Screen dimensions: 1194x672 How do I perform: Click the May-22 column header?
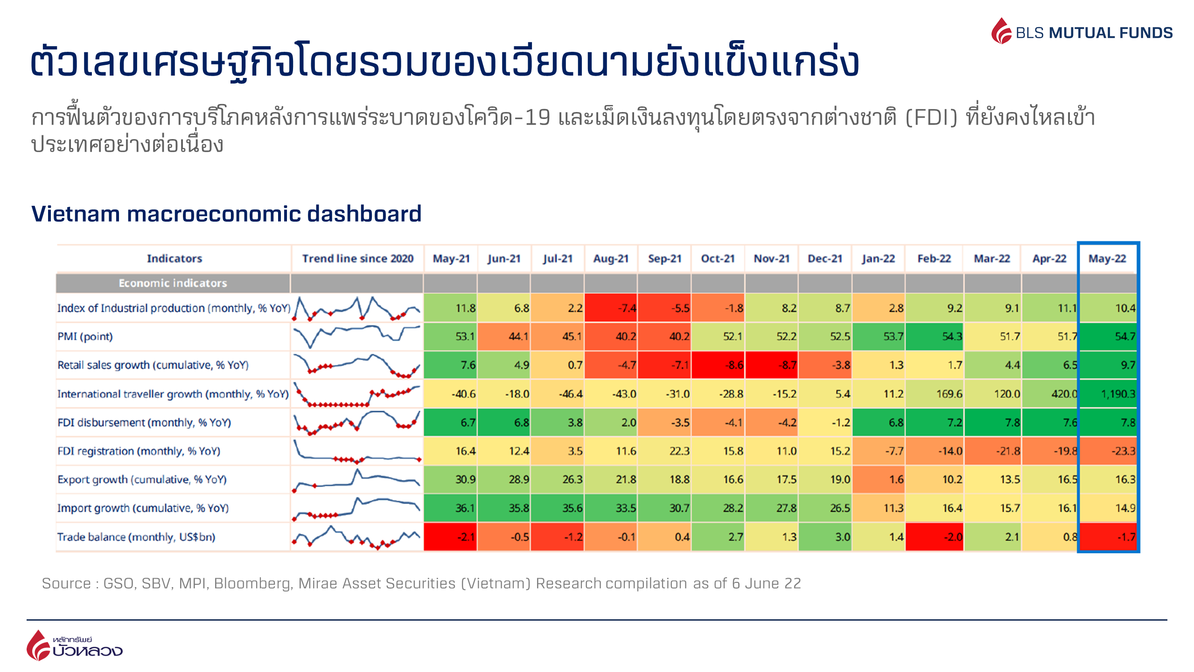coord(1107,259)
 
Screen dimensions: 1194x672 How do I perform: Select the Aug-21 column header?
coord(611,259)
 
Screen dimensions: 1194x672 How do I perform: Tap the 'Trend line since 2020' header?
coord(358,259)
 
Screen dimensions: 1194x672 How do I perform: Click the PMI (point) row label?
coord(85,336)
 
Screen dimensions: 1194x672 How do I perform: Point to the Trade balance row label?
coord(136,537)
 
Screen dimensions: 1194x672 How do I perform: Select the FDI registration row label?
coord(139,451)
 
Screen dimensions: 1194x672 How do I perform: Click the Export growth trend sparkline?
coord(357,480)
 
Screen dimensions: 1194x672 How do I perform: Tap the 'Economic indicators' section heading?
coord(173,283)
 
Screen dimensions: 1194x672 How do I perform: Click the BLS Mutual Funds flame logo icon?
coord(1001,31)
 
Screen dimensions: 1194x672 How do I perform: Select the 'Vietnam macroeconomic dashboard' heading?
coord(226,214)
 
